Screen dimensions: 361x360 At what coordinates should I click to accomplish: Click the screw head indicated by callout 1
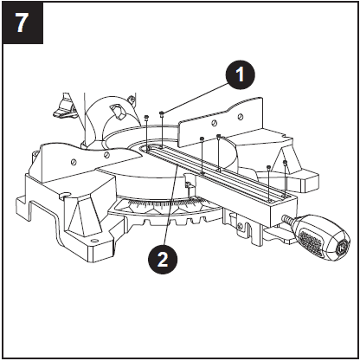point(163,111)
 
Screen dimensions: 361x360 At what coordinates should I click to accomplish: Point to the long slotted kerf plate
point(216,174)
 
